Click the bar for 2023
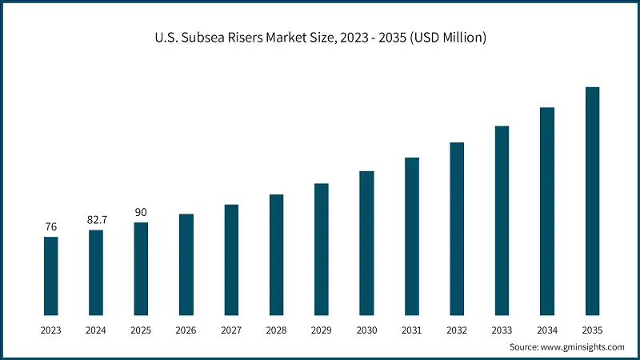(50, 275)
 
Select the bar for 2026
(186, 264)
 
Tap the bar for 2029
(322, 249)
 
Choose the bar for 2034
(547, 210)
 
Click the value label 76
(50, 227)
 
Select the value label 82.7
(96, 219)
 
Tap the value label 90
(141, 212)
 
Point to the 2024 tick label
(96, 330)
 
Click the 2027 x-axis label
(231, 330)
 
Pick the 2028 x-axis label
(276, 330)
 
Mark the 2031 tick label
(411, 330)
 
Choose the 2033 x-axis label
(502, 330)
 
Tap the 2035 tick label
(592, 330)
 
